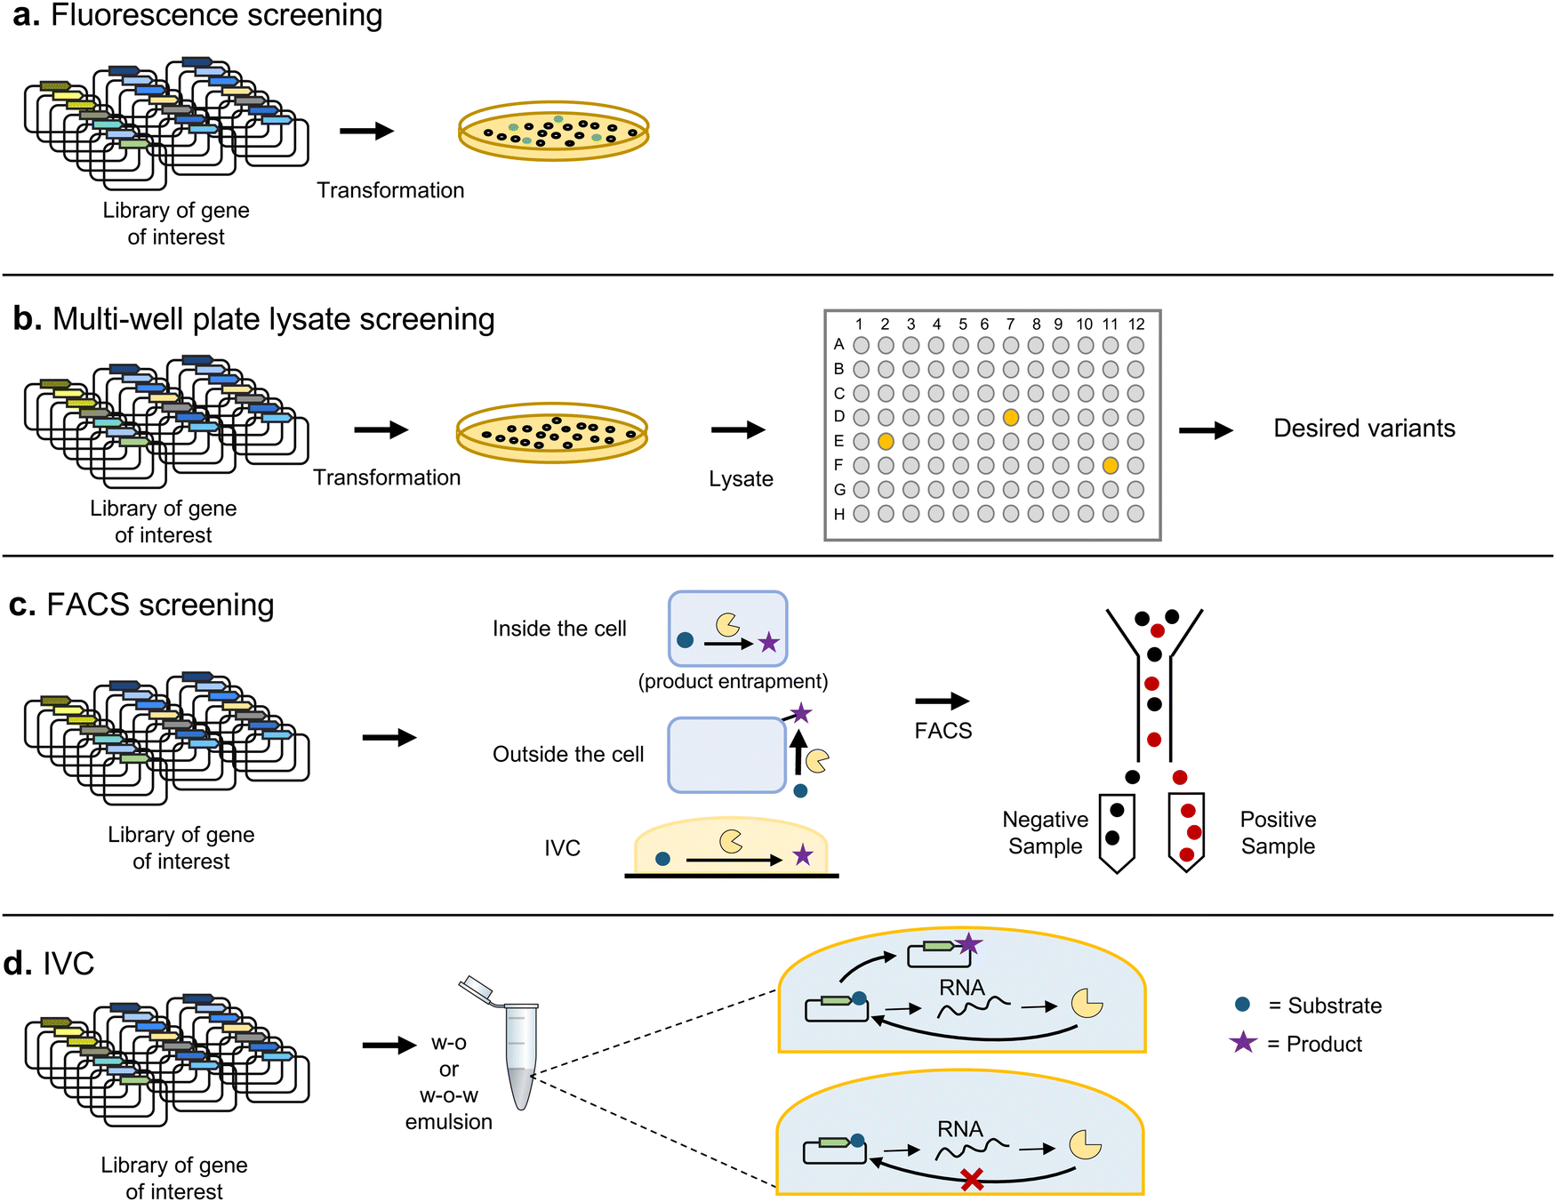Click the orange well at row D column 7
[1010, 417]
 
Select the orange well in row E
[886, 441]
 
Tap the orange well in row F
[1111, 465]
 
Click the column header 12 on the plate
[1136, 325]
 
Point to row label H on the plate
[838, 514]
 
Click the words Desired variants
[1364, 429]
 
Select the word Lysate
[741, 479]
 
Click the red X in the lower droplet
[972, 1181]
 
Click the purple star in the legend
[1243, 1043]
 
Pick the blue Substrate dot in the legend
[1243, 1005]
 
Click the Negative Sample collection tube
[1116, 830]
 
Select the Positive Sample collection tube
[1186, 830]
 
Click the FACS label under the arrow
[943, 731]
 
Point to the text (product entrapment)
[733, 682]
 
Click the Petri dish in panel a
[553, 132]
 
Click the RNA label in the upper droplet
[962, 988]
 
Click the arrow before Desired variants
[1206, 430]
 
